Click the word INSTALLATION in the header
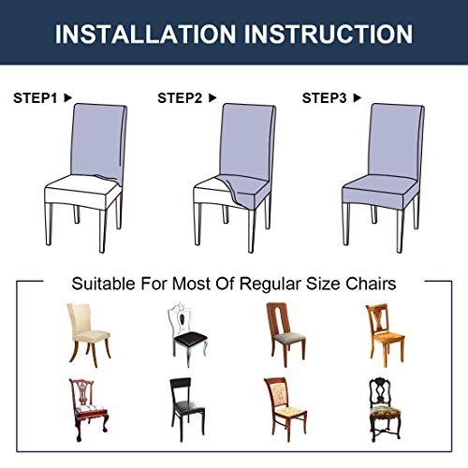(149, 34)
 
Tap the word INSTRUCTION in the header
(329, 34)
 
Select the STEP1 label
(34, 97)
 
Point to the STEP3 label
(323, 97)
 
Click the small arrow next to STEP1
(67, 97)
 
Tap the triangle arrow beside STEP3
(357, 97)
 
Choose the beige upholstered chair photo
(82, 333)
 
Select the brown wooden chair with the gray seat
(284, 333)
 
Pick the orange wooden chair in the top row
(384, 333)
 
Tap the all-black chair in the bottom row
(183, 408)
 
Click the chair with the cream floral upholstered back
(285, 408)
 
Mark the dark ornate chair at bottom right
(384, 408)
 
